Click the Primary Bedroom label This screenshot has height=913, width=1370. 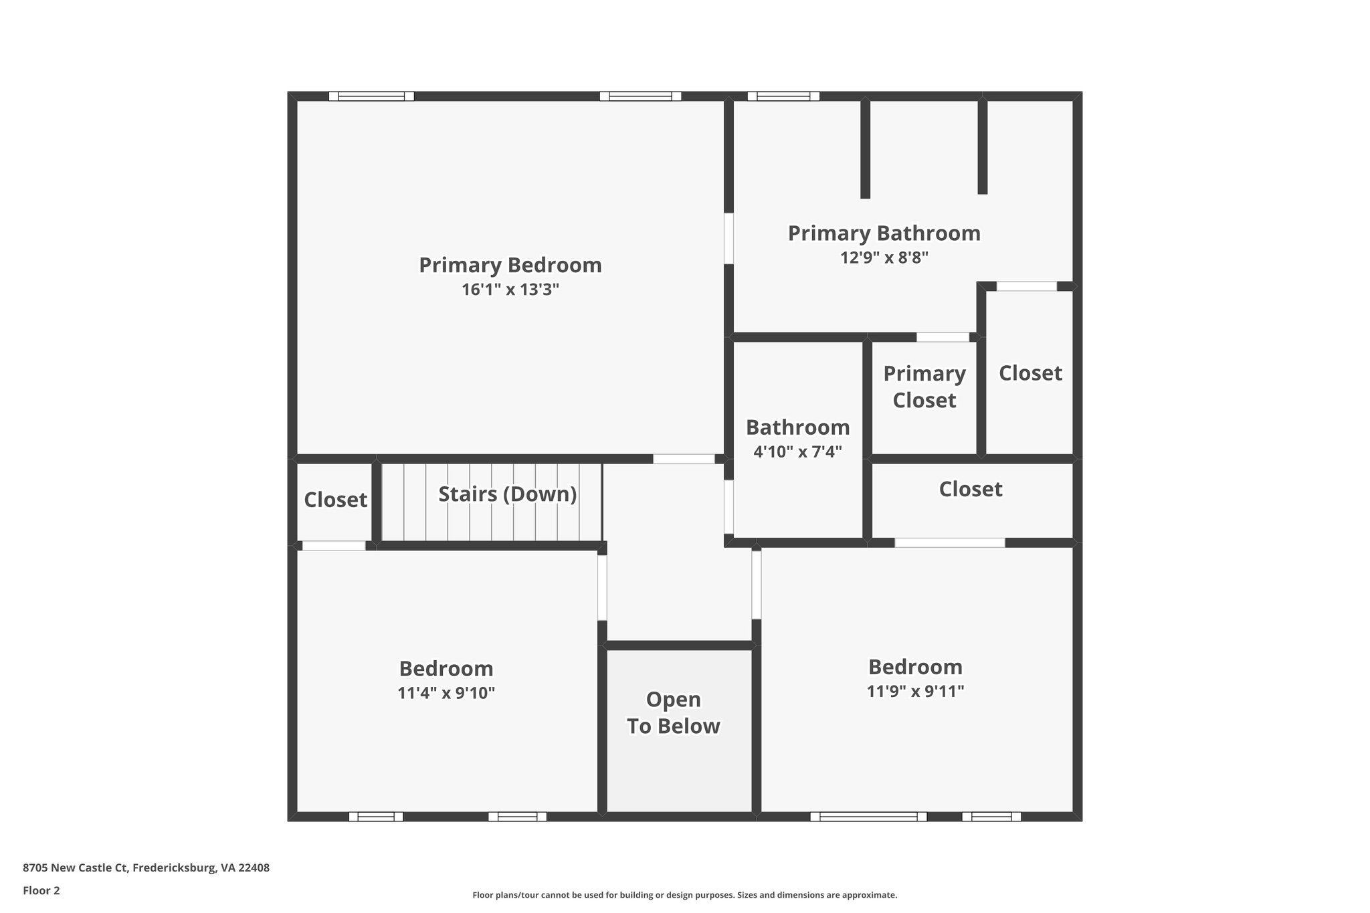tap(510, 266)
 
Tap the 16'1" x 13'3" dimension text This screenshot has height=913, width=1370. tap(510, 290)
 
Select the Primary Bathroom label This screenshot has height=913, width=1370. tap(884, 233)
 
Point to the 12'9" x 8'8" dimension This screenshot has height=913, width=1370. tap(884, 258)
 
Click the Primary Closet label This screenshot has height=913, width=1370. tap(924, 387)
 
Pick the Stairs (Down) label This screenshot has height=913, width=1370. tap(507, 494)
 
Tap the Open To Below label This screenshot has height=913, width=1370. tap(673, 713)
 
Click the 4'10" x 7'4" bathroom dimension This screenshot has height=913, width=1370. tap(797, 451)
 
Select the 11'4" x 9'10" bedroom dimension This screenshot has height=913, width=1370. tap(446, 693)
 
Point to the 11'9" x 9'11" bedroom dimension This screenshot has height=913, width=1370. tap(915, 691)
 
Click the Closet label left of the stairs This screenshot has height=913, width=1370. tap(335, 500)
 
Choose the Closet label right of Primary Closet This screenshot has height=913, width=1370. tap(1030, 373)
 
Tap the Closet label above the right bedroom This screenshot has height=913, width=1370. tap(970, 490)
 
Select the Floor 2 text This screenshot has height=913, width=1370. tap(41, 890)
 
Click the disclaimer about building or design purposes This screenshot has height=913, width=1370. tap(684, 895)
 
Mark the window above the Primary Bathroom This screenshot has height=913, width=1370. tap(783, 96)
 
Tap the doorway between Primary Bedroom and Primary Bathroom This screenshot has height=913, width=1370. tap(728, 238)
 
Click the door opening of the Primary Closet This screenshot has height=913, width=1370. tap(943, 337)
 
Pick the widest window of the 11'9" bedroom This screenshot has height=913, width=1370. tap(868, 816)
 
